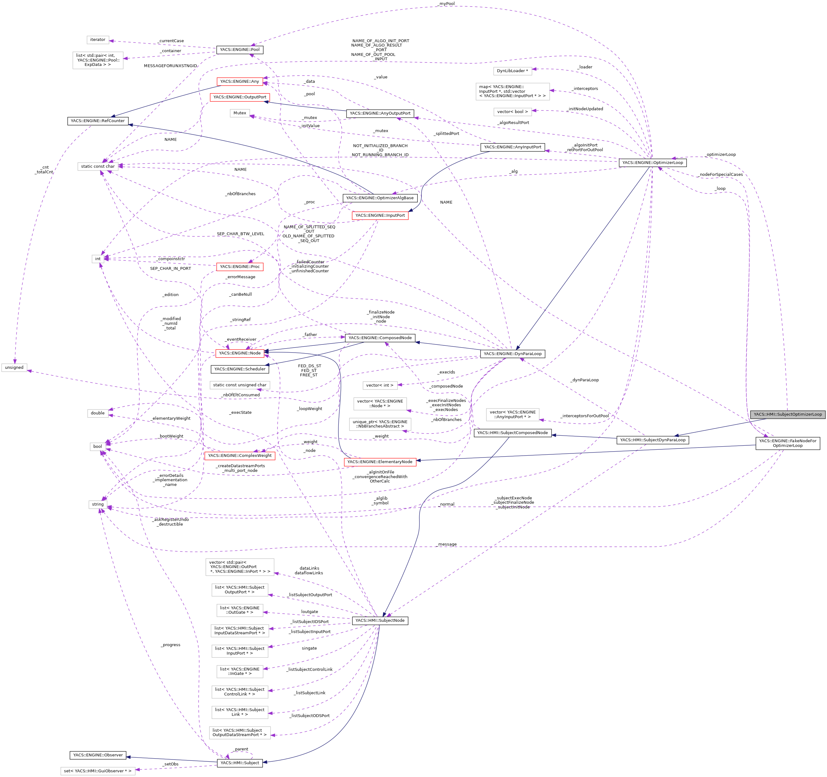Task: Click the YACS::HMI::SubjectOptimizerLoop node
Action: coord(787,414)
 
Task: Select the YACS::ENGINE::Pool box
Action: coord(240,50)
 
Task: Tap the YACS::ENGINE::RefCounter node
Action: coord(97,121)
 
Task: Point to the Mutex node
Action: coord(240,113)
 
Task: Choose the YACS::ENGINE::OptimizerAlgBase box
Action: coord(380,198)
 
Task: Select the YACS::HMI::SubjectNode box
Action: coord(380,621)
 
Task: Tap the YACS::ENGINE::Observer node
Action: coord(98,755)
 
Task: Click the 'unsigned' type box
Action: coord(14,368)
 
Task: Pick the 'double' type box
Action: coord(98,413)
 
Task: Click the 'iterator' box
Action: coord(98,40)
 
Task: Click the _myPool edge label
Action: coord(447,4)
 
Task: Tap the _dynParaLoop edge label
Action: coord(584,380)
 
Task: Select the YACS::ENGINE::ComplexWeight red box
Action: coord(240,456)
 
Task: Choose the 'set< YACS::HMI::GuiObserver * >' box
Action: coord(98,771)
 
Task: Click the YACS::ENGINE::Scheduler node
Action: coord(240,369)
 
